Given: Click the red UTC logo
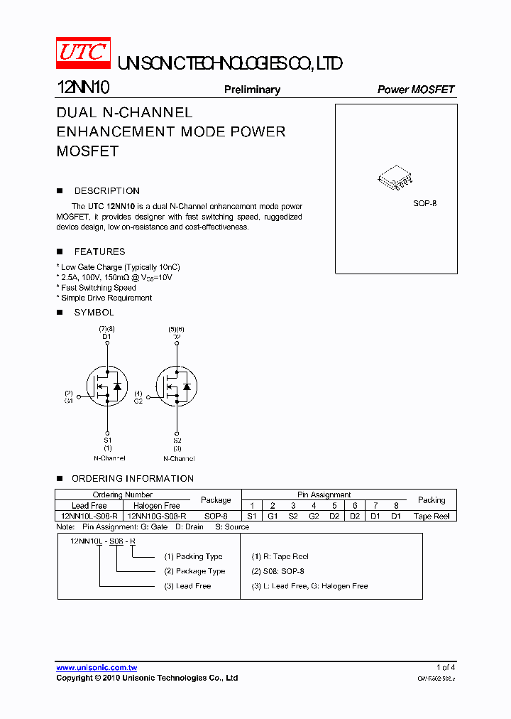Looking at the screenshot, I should [82, 52].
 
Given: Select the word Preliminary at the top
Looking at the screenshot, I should [252, 90].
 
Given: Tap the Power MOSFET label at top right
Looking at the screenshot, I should [415, 90].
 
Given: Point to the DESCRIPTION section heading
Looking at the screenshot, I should [106, 191].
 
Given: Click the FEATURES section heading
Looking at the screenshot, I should [99, 252].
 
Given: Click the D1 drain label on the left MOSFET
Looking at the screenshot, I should [106, 336].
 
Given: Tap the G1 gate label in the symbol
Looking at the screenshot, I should [69, 401].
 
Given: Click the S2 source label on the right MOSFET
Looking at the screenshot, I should [177, 440].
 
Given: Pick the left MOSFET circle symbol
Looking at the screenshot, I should [106, 386].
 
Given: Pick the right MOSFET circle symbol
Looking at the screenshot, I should [176, 386].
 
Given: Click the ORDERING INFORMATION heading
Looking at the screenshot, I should [132, 479].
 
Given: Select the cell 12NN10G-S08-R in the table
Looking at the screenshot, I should [157, 517].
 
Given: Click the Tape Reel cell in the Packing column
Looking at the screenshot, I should [432, 517].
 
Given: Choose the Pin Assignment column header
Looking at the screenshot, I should [324, 494].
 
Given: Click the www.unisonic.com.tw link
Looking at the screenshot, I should [97, 668].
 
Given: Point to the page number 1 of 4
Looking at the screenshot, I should [445, 668].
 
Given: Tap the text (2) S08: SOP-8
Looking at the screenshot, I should [278, 571].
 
